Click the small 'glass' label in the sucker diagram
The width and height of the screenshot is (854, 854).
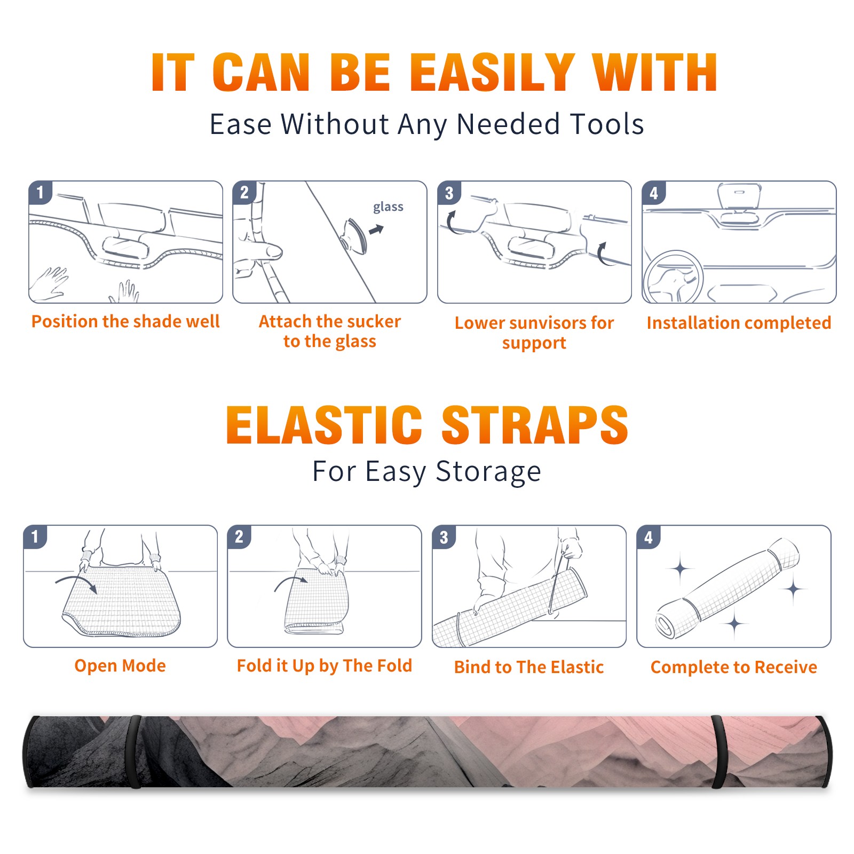click(x=388, y=207)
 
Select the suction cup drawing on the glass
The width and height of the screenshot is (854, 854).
click(x=354, y=236)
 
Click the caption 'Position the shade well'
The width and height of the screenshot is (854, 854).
click(x=125, y=321)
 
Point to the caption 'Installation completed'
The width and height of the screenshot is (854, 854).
click(x=739, y=322)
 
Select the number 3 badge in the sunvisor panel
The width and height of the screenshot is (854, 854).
click(x=449, y=193)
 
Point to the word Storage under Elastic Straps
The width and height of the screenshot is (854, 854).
click(x=488, y=472)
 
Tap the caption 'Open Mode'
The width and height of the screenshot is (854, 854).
click(x=120, y=666)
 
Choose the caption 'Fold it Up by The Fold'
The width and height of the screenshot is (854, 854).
click(x=325, y=666)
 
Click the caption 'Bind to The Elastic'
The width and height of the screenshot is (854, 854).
click(x=529, y=667)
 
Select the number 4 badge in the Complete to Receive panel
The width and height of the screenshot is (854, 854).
click(x=649, y=537)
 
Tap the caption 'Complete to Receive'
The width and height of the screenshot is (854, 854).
click(x=734, y=667)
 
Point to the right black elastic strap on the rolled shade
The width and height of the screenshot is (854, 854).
click(x=719, y=752)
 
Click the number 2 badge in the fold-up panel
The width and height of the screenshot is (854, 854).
click(x=239, y=537)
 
